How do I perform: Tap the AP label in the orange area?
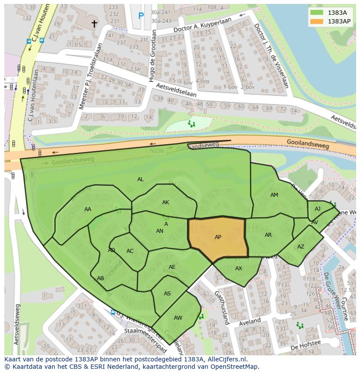point(218,237)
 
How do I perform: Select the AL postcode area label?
point(140,179)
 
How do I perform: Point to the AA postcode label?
point(88,209)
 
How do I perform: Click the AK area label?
point(166,202)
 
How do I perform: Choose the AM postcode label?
point(274,195)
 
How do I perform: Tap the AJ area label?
point(317,209)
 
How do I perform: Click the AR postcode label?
point(268,235)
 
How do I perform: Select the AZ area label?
point(301,247)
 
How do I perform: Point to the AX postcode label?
point(239,268)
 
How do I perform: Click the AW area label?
point(178,318)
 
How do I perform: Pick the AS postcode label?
point(167,294)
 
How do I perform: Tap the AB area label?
point(100,278)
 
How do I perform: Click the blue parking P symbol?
point(141,16)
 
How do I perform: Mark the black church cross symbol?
point(94,24)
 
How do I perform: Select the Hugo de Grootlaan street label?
point(152,56)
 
